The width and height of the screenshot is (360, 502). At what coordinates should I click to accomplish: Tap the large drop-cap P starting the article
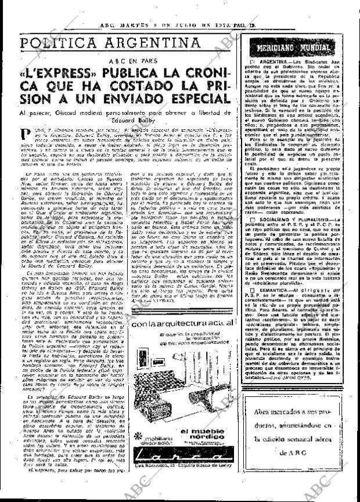[x=22, y=136]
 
